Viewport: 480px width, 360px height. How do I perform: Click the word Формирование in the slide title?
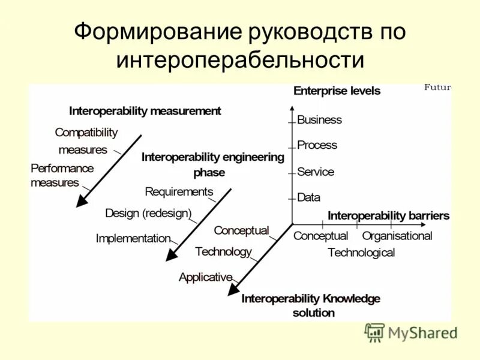[156, 32]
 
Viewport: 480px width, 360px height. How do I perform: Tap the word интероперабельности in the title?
[240, 60]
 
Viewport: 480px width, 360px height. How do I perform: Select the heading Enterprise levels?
[337, 91]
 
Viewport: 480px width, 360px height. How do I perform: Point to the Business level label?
[319, 119]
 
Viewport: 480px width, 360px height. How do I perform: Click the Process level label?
[317, 145]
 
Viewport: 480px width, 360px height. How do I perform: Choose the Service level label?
[316, 172]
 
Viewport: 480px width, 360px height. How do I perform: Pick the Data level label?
[308, 197]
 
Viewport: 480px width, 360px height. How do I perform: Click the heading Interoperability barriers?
[388, 215]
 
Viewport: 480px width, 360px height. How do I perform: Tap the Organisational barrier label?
[397, 236]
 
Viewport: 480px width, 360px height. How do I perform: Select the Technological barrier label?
[361, 253]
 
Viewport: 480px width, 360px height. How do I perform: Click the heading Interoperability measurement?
[145, 111]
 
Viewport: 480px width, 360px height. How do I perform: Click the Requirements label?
[179, 191]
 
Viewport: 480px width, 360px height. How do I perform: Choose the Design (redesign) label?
[148, 213]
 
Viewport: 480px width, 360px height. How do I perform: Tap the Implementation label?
[133, 238]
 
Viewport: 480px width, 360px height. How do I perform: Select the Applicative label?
[205, 277]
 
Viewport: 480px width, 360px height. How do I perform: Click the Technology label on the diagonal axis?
[223, 252]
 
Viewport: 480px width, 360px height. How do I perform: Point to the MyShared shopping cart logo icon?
[374, 332]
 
